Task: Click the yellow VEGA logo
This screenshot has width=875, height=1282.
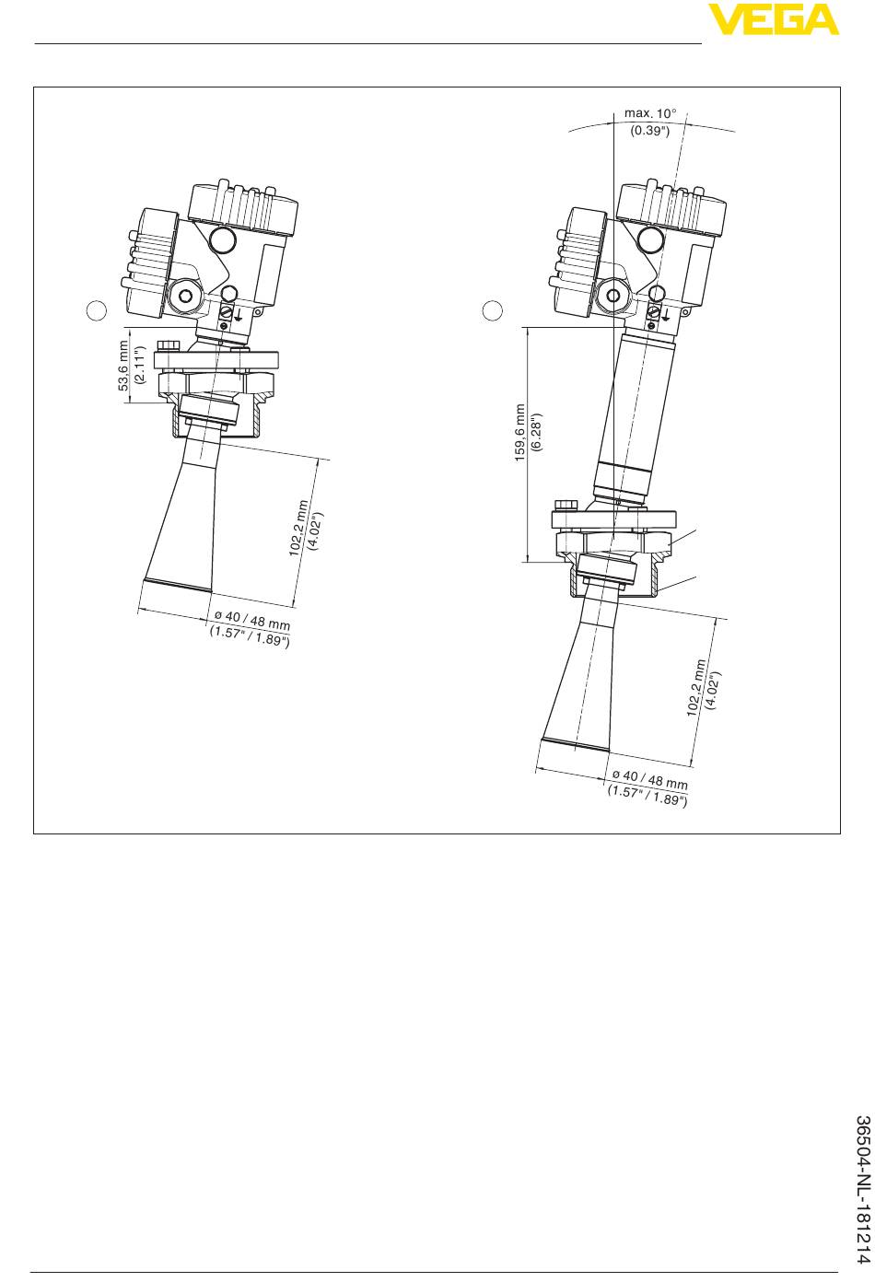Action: click(x=773, y=19)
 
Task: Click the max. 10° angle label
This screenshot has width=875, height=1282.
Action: click(x=649, y=113)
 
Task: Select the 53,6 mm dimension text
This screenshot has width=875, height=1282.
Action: click(x=123, y=366)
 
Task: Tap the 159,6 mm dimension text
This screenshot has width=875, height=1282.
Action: click(x=519, y=432)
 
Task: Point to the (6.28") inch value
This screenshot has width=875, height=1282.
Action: click(x=536, y=432)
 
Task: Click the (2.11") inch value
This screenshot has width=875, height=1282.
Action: click(x=140, y=365)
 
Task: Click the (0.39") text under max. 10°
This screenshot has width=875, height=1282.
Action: click(x=649, y=130)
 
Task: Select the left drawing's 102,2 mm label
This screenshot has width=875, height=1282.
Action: click(x=298, y=528)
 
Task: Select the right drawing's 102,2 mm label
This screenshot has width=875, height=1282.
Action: click(x=697, y=687)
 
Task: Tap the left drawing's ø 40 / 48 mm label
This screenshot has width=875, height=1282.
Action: click(x=251, y=621)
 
